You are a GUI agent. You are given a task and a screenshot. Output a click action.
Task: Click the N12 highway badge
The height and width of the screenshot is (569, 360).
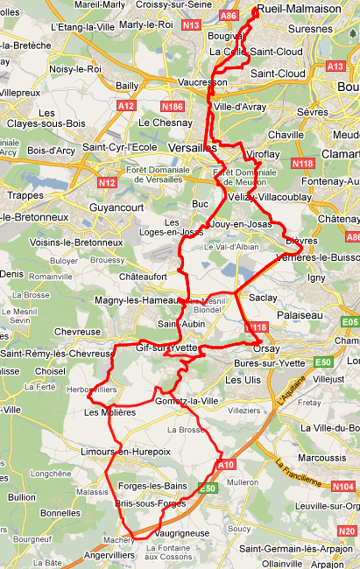108,183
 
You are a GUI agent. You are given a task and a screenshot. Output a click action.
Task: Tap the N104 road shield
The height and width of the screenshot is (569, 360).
343,487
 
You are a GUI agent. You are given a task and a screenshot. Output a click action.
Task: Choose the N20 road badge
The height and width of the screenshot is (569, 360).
346,530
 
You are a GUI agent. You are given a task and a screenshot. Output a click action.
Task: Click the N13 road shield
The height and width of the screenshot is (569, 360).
192,25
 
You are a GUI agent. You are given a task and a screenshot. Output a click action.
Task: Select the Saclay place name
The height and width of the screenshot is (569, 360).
263,298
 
